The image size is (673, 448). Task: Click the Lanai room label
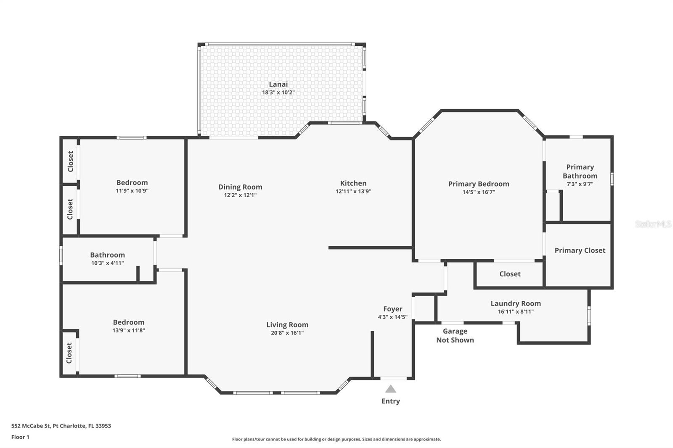[278, 84]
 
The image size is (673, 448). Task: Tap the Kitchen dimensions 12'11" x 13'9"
[353, 191]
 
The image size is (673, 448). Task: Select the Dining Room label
[240, 187]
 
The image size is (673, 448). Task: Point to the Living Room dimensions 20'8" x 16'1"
[287, 333]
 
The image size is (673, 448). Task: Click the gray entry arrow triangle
[391, 389]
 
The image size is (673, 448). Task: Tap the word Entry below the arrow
[391, 401]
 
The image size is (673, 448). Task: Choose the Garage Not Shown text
[455, 336]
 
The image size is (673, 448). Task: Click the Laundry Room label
[516, 303]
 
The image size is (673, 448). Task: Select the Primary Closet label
[580, 250]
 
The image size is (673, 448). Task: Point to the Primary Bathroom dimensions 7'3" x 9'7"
[580, 184]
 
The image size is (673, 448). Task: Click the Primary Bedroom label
[479, 184]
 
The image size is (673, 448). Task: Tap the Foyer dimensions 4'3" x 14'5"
[393, 317]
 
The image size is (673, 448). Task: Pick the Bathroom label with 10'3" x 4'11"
[108, 255]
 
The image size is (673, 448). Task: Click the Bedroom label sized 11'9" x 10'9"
[132, 182]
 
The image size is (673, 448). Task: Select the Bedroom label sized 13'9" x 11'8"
[129, 322]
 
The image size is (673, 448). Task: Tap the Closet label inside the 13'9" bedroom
[69, 353]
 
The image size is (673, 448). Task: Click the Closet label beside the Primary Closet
[510, 274]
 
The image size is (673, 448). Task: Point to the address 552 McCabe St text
[61, 426]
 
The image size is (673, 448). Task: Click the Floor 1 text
[20, 437]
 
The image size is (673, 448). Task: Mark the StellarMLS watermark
[653, 224]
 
